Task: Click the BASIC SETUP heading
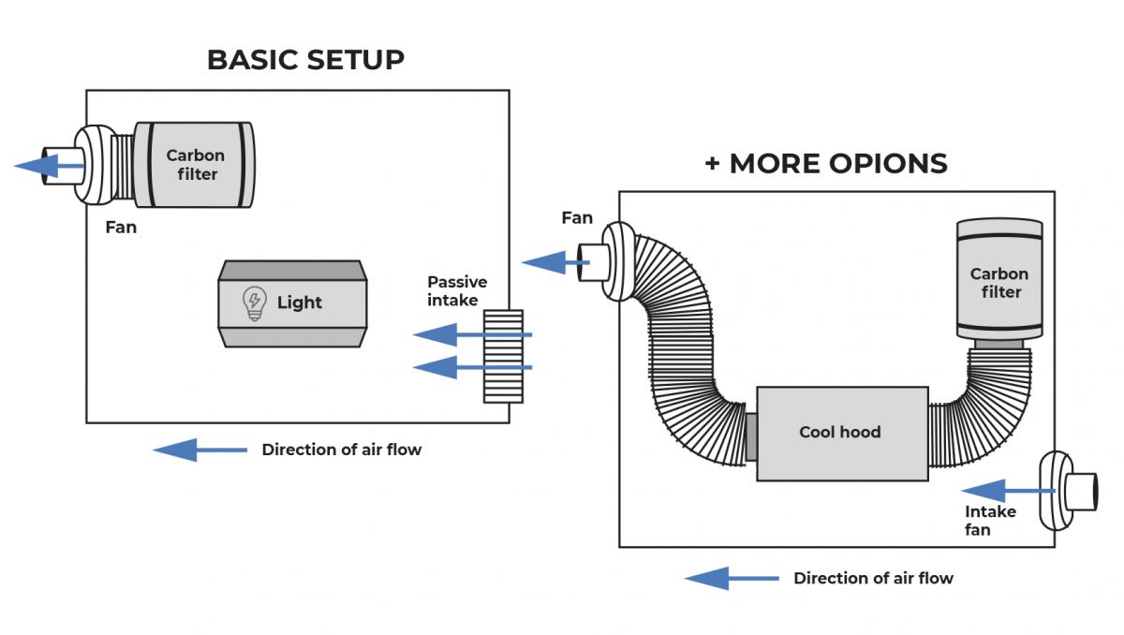point(305,60)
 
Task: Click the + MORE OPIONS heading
point(825,163)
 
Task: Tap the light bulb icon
point(253,303)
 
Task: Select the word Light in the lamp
point(299,303)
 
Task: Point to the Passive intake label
point(456,290)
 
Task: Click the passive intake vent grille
point(503,356)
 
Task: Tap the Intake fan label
point(990,521)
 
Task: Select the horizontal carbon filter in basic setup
point(193,165)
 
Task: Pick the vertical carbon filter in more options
point(999,280)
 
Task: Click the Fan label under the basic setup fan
point(121,228)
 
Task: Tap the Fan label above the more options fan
point(577,218)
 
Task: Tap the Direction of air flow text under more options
point(873,579)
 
